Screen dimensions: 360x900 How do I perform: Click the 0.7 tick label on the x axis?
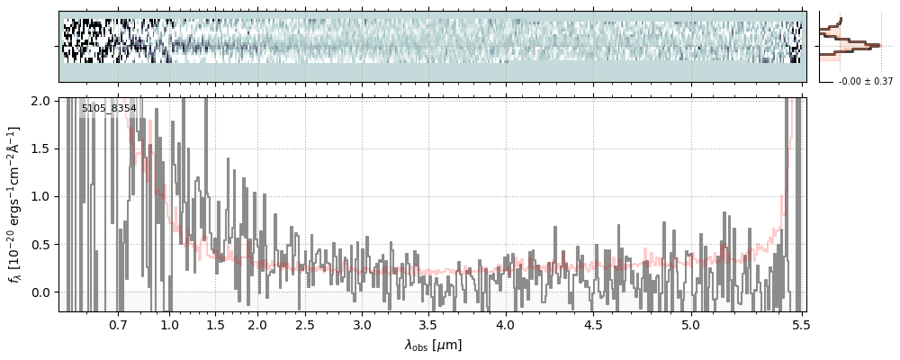coord(118,324)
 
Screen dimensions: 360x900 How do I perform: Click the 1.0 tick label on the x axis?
coord(169,324)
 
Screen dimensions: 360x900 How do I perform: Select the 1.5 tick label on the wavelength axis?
coord(215,324)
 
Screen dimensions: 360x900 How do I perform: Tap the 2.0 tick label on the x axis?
coord(257,324)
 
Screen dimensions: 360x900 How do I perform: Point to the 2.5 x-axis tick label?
coord(305,324)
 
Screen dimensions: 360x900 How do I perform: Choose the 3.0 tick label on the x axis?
coord(362,324)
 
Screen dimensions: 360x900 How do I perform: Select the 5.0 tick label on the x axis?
coord(690,324)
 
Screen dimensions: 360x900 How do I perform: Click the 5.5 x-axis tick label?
coord(797,324)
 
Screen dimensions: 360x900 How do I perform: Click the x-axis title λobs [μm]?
coord(433,345)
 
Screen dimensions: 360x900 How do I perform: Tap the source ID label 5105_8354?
coord(109,109)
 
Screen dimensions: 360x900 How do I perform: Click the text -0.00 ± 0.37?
coord(865,82)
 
